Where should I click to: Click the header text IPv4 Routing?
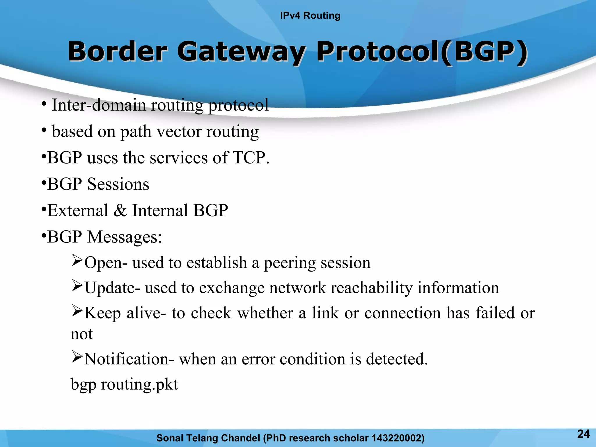(x=310, y=15)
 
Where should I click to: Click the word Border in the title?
(x=118, y=52)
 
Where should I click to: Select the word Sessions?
(x=118, y=184)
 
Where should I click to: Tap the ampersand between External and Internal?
(x=120, y=210)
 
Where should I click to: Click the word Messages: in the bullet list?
(x=125, y=237)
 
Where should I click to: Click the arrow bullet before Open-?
(x=77, y=260)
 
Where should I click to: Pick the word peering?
(x=289, y=263)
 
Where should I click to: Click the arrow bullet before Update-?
(x=77, y=285)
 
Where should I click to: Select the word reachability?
(x=372, y=288)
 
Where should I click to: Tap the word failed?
(x=495, y=313)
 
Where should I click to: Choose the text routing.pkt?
(x=139, y=385)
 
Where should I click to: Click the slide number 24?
(x=583, y=434)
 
